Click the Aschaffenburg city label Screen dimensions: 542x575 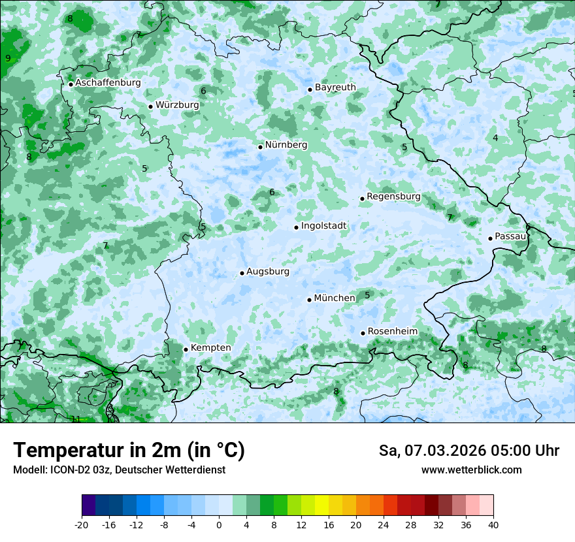click(108, 83)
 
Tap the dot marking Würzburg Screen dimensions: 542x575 click(150, 106)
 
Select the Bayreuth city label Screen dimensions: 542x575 click(335, 88)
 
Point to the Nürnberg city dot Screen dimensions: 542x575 click(260, 147)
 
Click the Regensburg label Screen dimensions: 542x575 click(393, 197)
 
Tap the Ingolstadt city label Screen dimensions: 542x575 click(323, 226)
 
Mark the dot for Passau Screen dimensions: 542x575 click(490, 238)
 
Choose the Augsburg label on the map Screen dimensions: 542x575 click(268, 272)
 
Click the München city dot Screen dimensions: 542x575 click(310, 300)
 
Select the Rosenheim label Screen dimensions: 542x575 click(392, 332)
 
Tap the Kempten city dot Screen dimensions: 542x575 click(186, 349)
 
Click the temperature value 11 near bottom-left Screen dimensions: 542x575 click(76, 419)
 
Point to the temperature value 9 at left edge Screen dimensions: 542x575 click(8, 58)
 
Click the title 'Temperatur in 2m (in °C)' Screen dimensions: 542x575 click(129, 451)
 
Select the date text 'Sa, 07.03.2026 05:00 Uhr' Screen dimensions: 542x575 click(468, 451)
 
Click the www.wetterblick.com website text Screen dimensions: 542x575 click(471, 470)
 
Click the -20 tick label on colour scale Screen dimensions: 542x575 click(82, 525)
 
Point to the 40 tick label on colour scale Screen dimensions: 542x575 click(493, 525)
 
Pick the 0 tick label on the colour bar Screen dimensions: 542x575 click(219, 525)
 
